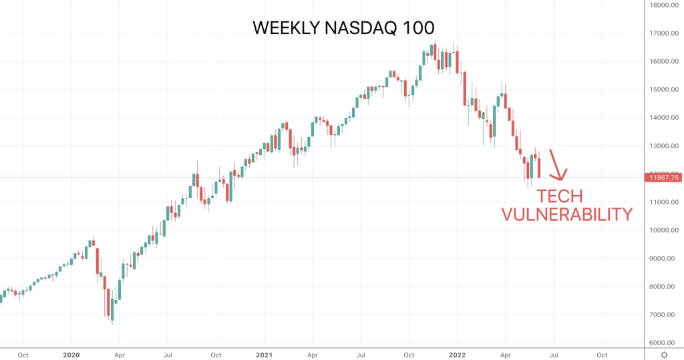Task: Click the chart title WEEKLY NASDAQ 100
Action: point(343,28)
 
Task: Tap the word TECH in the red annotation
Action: point(560,197)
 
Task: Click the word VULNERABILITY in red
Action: point(566,214)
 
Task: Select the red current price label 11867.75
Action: point(663,177)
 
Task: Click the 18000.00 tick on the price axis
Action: point(663,5)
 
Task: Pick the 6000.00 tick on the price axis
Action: point(663,343)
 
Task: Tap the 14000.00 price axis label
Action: point(663,118)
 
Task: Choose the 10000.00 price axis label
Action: point(663,230)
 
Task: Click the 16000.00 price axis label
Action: point(663,61)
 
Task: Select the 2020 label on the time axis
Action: point(71,355)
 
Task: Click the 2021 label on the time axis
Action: point(264,355)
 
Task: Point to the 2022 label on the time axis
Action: point(457,355)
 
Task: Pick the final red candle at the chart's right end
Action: point(539,166)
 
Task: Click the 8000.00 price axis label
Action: point(663,287)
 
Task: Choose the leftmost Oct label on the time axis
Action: point(23,355)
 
